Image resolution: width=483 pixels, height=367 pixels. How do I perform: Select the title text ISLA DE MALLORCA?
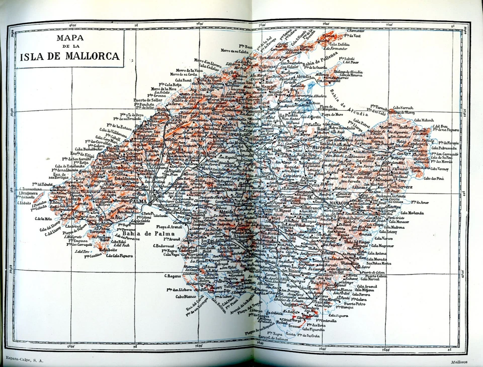point(70,56)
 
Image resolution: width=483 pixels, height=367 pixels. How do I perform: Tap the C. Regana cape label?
point(173,276)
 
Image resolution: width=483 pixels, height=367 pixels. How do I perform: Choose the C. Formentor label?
point(359,31)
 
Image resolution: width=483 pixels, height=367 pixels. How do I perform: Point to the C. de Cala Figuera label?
point(119,255)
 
